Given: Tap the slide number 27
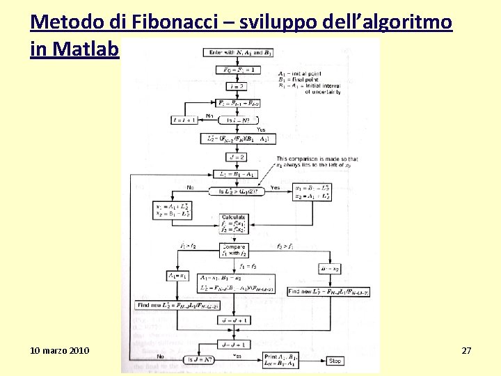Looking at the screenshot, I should click(x=466, y=350).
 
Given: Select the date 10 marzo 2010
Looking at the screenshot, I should click(x=60, y=350).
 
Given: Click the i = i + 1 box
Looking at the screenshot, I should click(x=185, y=120).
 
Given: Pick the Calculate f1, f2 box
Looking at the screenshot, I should click(x=234, y=224).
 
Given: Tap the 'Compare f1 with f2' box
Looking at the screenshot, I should click(x=234, y=250).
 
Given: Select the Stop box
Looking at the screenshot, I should click(x=335, y=361).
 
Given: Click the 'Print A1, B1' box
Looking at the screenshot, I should click(x=278, y=360).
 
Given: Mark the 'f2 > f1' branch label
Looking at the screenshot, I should click(x=284, y=246).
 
